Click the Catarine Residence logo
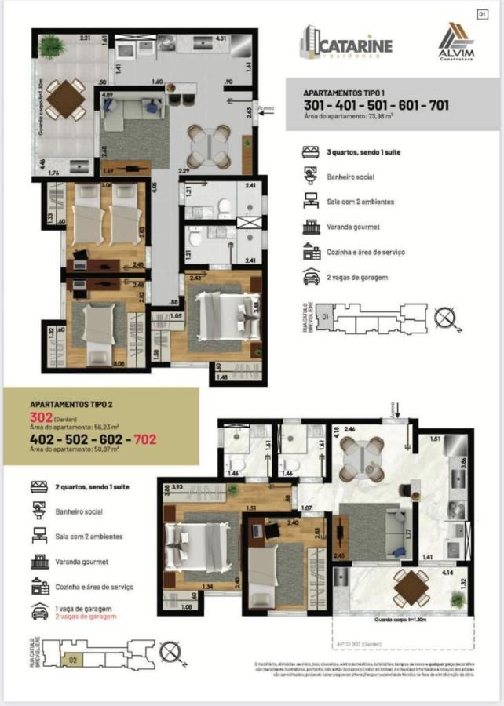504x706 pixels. click(x=345, y=45)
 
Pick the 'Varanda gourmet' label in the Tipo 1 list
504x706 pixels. click(x=352, y=227)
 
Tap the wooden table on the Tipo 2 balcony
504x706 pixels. click(x=410, y=588)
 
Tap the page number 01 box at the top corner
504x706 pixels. click(x=483, y=13)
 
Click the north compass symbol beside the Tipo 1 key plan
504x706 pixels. click(x=444, y=319)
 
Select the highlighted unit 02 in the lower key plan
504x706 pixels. click(x=73, y=660)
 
